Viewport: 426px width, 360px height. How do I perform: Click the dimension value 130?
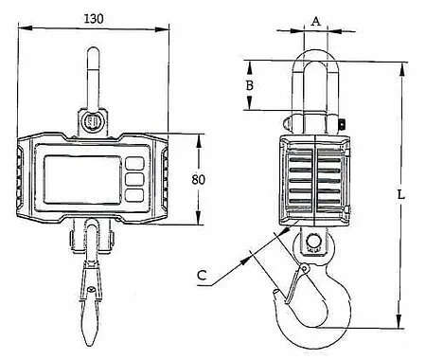tap(94, 18)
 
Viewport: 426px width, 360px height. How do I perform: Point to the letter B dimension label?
tap(249, 85)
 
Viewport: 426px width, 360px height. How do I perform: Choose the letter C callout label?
tap(201, 278)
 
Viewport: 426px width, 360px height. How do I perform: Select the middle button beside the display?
tap(135, 178)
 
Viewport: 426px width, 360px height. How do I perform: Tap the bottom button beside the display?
tap(135, 194)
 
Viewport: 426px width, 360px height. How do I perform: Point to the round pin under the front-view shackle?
tap(92, 121)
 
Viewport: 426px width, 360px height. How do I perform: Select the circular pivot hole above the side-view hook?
tap(314, 242)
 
